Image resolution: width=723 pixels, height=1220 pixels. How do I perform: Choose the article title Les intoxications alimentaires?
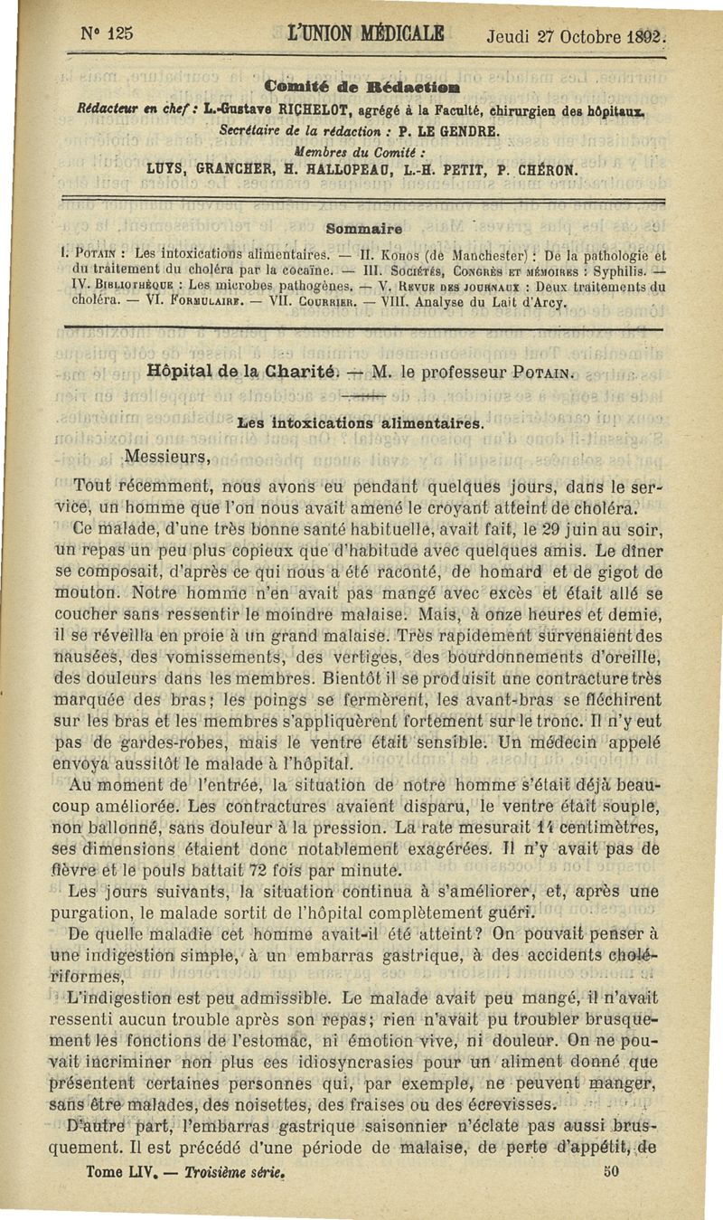tap(361, 422)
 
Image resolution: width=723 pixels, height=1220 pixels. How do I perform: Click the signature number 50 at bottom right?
tap(611, 1169)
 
